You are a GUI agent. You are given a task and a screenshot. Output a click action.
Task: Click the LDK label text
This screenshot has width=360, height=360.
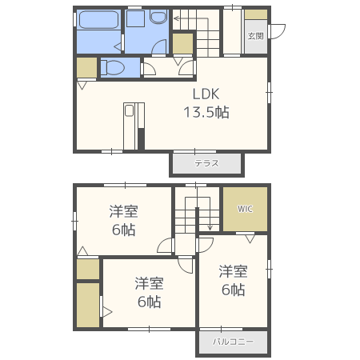pyautogui.click(x=206, y=94)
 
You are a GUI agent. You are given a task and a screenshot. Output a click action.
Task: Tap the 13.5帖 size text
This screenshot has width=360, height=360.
pyautogui.click(x=206, y=112)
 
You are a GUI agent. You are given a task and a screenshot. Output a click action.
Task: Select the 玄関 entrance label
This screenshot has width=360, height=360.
pyautogui.click(x=256, y=36)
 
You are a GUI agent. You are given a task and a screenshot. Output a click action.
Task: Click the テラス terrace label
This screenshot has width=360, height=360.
pyautogui.click(x=206, y=163)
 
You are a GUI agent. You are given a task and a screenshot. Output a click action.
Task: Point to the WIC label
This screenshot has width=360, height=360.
pyautogui.click(x=245, y=209)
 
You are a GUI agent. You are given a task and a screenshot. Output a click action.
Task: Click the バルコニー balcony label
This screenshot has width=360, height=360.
pyautogui.click(x=233, y=342)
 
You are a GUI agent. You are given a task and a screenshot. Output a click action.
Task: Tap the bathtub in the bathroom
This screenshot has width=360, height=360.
pyautogui.click(x=98, y=19)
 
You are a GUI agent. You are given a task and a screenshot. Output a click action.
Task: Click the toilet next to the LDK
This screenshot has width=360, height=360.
pyautogui.click(x=113, y=67)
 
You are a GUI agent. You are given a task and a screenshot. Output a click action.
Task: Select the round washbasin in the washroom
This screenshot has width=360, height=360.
pyautogui.click(x=158, y=17)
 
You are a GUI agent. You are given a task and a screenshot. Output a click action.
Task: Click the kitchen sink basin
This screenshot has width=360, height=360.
pyautogui.click(x=129, y=110)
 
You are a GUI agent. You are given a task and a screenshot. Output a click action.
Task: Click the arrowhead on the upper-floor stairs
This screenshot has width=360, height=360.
pyautogui.click(x=210, y=227)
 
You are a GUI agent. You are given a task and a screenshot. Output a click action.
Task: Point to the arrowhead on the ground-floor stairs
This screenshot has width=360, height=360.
pyautogui.click(x=176, y=18)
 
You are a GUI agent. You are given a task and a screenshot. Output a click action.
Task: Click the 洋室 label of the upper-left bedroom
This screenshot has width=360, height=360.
pyautogui.click(x=123, y=211)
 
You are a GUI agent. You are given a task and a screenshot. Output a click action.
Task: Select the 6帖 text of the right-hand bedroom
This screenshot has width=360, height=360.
pyautogui.click(x=233, y=290)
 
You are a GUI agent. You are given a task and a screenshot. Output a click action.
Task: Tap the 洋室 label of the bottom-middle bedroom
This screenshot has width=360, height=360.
pyautogui.click(x=149, y=283)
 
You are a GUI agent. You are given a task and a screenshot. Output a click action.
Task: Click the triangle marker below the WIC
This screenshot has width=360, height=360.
pyautogui.click(x=250, y=239)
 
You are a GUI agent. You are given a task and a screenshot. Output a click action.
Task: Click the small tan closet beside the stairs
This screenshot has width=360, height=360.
pyautogui.click(x=182, y=43)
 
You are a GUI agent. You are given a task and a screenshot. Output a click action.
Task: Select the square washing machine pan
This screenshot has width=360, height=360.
pyautogui.click(x=135, y=18)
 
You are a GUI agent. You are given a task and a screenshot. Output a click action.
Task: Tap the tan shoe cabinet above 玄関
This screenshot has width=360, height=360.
pyautogui.click(x=256, y=14)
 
